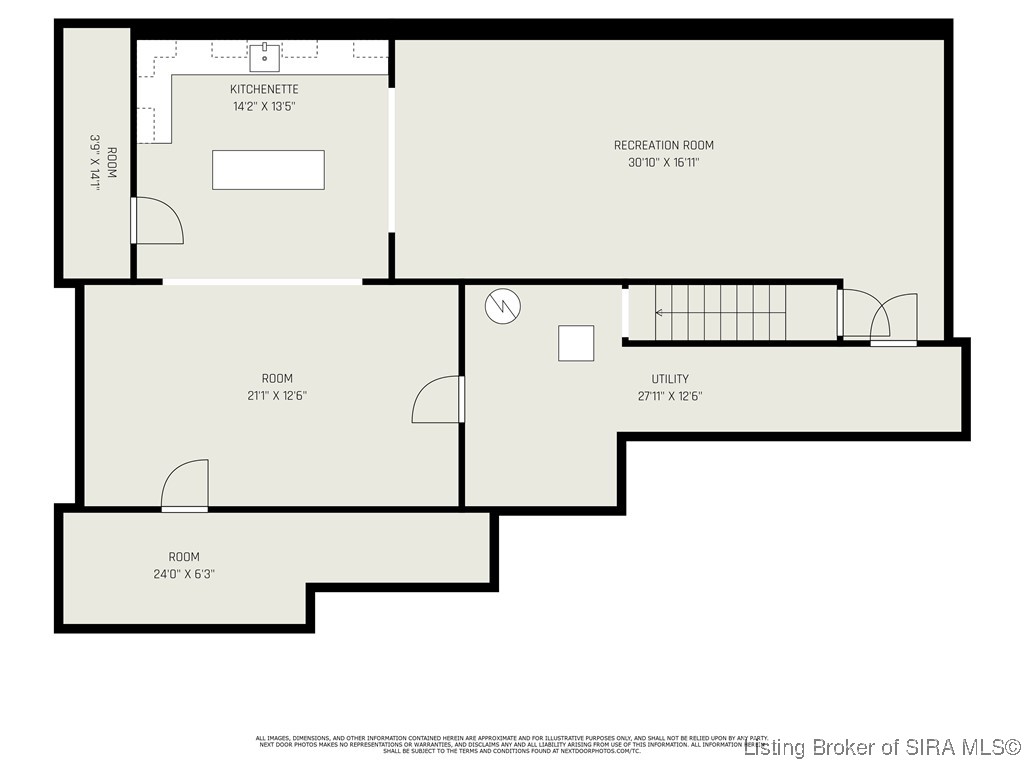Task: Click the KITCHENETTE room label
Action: point(264,89)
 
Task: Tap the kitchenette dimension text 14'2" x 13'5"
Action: point(264,106)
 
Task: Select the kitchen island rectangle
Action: point(268,170)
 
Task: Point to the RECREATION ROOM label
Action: point(663,145)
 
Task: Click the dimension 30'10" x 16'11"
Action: point(663,162)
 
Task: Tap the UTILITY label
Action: point(670,379)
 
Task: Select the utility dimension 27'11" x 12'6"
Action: point(670,396)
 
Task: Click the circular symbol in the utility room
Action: point(501,306)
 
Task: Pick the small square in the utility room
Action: point(576,343)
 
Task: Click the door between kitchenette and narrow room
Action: point(157,220)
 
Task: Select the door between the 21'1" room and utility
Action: point(438,399)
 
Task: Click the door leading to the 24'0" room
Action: point(186,486)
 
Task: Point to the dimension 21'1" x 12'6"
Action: point(277,396)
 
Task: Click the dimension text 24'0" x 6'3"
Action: point(184,574)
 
